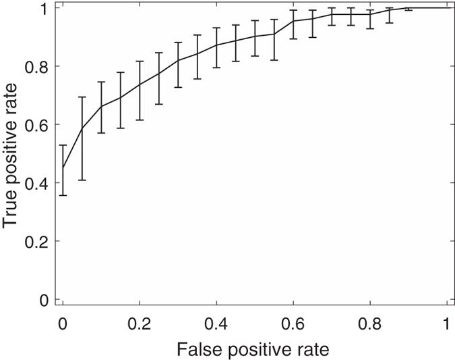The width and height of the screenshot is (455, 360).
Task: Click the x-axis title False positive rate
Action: [254, 349]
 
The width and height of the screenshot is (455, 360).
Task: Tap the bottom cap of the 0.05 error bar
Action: [82, 180]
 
